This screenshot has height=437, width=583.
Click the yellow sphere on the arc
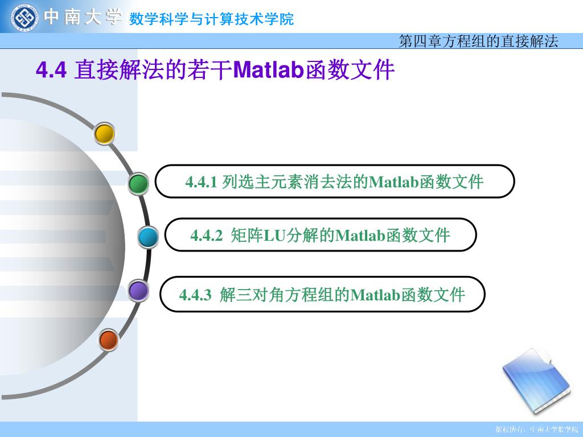[104, 133]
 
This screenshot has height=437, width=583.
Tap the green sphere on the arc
[138, 184]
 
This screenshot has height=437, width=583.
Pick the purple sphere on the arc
[139, 291]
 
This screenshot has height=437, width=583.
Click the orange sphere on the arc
[109, 340]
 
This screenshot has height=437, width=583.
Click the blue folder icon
[536, 381]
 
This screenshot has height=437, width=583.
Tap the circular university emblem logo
[24, 18]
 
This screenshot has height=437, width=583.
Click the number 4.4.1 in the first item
[201, 182]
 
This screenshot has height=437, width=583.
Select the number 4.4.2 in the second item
[206, 235]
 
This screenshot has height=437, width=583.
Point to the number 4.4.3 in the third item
[195, 295]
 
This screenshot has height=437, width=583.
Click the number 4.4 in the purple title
[51, 69]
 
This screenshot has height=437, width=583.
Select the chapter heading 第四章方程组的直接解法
[478, 41]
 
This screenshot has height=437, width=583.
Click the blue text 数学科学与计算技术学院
[211, 19]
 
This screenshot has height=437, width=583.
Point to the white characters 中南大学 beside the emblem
[83, 17]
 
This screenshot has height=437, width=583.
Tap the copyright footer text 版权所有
[510, 430]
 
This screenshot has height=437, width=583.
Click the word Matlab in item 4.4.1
[394, 182]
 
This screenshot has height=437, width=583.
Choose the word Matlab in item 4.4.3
[375, 295]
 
